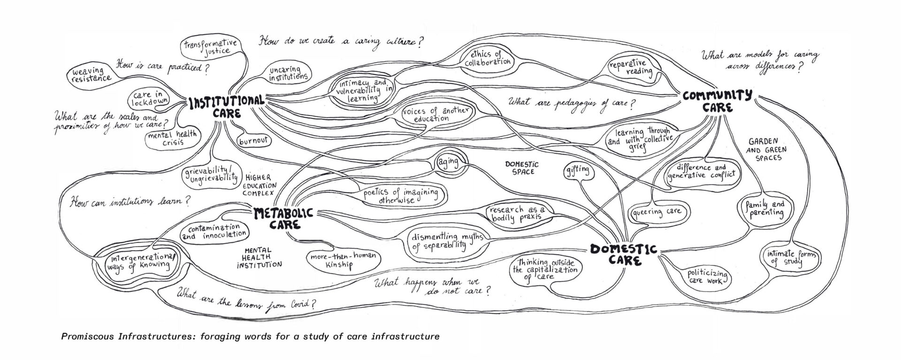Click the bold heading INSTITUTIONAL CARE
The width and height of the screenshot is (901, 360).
(x=227, y=107)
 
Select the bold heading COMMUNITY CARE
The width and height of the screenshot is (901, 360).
(x=717, y=101)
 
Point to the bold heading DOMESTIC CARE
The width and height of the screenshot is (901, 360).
(x=623, y=254)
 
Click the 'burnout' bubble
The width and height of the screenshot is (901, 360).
(x=253, y=140)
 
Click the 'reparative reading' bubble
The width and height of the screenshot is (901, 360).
(x=631, y=67)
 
